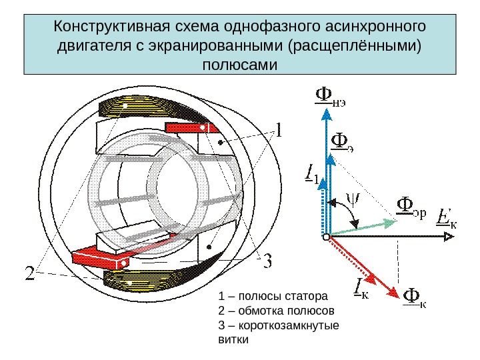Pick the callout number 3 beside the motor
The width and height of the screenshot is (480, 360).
[266, 261]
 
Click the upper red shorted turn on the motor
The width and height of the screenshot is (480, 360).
[191, 126]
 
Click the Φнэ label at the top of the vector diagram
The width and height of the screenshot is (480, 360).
[333, 98]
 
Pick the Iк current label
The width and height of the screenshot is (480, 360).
[361, 289]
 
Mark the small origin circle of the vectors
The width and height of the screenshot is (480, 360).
[326, 237]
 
